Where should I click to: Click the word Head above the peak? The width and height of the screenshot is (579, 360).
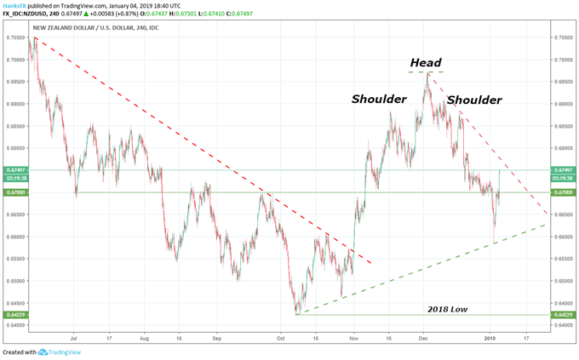coord(427,63)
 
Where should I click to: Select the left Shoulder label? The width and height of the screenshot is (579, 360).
coord(379,100)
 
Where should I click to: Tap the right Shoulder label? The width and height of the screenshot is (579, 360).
coord(473,100)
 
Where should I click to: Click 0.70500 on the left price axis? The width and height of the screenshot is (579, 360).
coord(15,38)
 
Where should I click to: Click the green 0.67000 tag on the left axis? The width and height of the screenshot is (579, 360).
coord(14,192)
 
